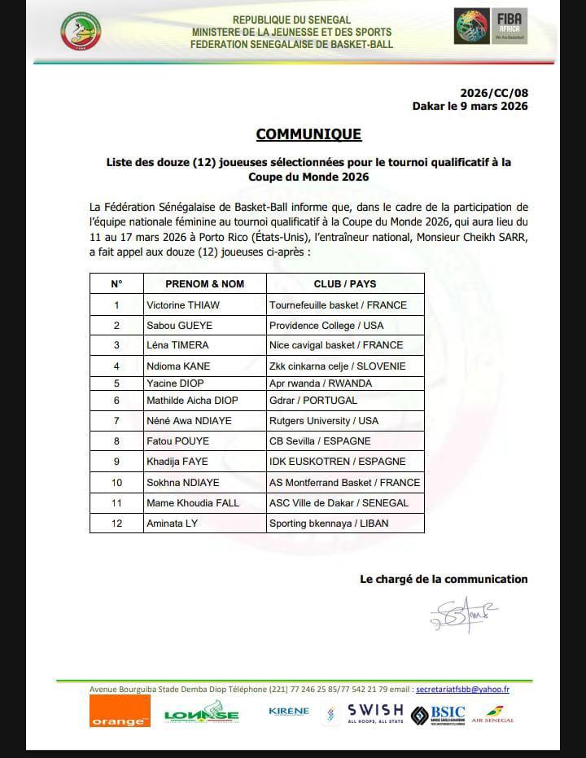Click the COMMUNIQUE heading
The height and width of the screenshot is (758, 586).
click(308, 134)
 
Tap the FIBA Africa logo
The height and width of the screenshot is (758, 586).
click(490, 27)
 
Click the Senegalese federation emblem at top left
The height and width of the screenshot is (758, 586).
click(81, 31)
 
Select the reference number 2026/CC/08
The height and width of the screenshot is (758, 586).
click(493, 93)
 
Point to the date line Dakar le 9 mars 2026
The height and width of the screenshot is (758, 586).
click(470, 106)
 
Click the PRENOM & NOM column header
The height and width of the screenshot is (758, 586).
click(204, 284)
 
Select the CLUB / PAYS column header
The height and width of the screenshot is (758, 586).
click(345, 284)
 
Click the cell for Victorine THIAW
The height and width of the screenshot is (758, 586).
click(183, 305)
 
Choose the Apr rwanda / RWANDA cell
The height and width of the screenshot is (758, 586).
click(320, 383)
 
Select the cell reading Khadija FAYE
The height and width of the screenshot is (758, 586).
click(177, 462)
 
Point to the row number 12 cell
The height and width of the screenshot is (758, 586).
click(116, 523)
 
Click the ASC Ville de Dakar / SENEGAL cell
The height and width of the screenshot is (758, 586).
click(339, 503)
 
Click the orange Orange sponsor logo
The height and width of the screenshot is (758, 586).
click(120, 711)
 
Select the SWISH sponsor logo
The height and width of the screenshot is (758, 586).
click(374, 714)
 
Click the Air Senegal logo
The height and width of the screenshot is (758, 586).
click(492, 714)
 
